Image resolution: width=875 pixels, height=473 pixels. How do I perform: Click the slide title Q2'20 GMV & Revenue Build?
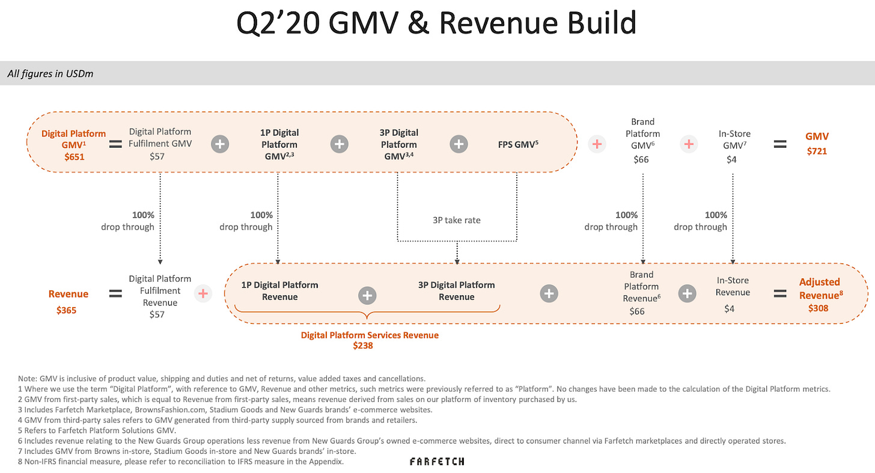437,24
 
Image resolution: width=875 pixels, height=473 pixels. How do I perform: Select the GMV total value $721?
817,151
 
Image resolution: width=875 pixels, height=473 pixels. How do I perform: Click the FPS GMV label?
517,144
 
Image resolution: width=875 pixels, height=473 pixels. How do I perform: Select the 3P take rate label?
457,220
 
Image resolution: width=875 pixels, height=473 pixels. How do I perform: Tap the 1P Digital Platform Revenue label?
279,291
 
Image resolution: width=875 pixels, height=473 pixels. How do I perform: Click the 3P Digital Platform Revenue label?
457,291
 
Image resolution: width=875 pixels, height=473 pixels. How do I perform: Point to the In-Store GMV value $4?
731,159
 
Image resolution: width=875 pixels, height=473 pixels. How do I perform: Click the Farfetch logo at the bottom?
437,462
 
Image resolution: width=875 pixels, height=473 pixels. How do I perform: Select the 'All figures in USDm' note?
50,74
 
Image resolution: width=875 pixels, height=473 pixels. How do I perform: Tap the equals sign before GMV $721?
779,144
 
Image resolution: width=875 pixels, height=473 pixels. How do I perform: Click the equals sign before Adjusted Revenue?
779,294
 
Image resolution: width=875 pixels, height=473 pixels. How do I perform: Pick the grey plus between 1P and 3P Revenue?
367,295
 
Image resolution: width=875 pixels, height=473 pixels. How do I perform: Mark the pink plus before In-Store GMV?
689,144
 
